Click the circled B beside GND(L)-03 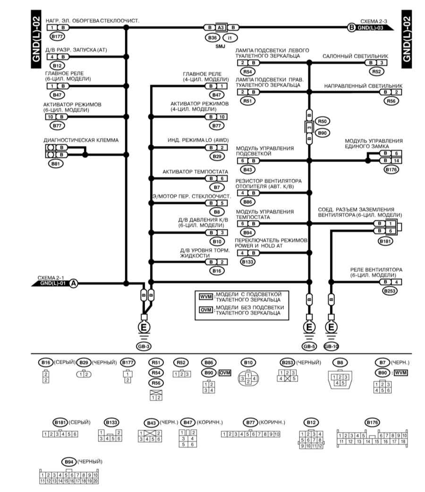click(351, 27)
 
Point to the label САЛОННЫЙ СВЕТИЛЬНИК click(355, 56)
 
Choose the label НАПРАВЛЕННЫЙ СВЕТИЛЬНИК click(363, 86)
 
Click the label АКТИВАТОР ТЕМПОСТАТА click(195, 172)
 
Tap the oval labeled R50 click(322, 121)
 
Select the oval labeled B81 click(56, 164)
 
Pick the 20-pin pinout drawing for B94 click(69, 476)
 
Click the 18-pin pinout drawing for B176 click(372, 437)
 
